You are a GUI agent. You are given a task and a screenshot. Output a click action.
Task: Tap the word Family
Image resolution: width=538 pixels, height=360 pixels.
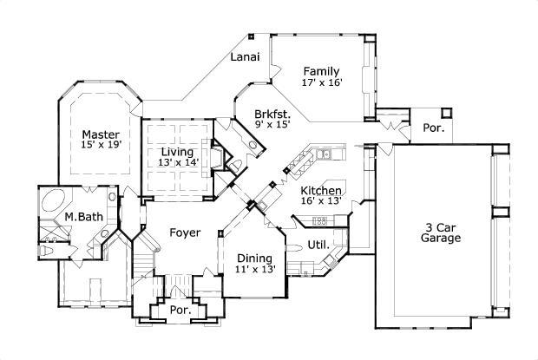(x=321, y=71)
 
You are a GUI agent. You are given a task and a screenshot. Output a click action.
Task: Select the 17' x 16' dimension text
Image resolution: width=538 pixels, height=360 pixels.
(x=321, y=83)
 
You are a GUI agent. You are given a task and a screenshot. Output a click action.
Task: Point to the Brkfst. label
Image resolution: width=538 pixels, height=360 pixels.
(x=272, y=114)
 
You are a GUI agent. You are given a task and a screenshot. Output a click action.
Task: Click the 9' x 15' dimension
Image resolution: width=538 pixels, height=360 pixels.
(x=272, y=126)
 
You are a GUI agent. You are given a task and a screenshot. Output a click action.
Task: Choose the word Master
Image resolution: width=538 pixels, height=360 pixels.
(x=101, y=134)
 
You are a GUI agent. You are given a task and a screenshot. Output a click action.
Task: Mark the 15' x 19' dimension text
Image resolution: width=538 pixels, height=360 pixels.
(x=101, y=146)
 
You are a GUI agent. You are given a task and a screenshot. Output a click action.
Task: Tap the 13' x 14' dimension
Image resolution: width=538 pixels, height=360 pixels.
(x=179, y=162)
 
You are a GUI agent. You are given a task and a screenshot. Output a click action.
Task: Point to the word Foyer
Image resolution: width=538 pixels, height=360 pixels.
(x=185, y=232)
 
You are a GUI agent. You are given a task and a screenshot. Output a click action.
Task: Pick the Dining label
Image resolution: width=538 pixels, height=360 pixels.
(x=255, y=258)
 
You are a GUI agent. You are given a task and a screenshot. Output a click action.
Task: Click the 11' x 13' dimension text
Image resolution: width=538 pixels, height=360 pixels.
(x=256, y=270)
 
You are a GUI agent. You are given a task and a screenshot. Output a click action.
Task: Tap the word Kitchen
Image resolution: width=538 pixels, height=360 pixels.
(x=320, y=190)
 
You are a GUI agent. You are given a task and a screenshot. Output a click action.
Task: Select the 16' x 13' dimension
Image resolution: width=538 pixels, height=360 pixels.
(x=320, y=201)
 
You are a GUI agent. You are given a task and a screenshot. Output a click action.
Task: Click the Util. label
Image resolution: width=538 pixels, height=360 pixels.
(x=318, y=245)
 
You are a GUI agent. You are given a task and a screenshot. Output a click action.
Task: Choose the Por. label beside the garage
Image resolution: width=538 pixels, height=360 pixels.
(x=434, y=128)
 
